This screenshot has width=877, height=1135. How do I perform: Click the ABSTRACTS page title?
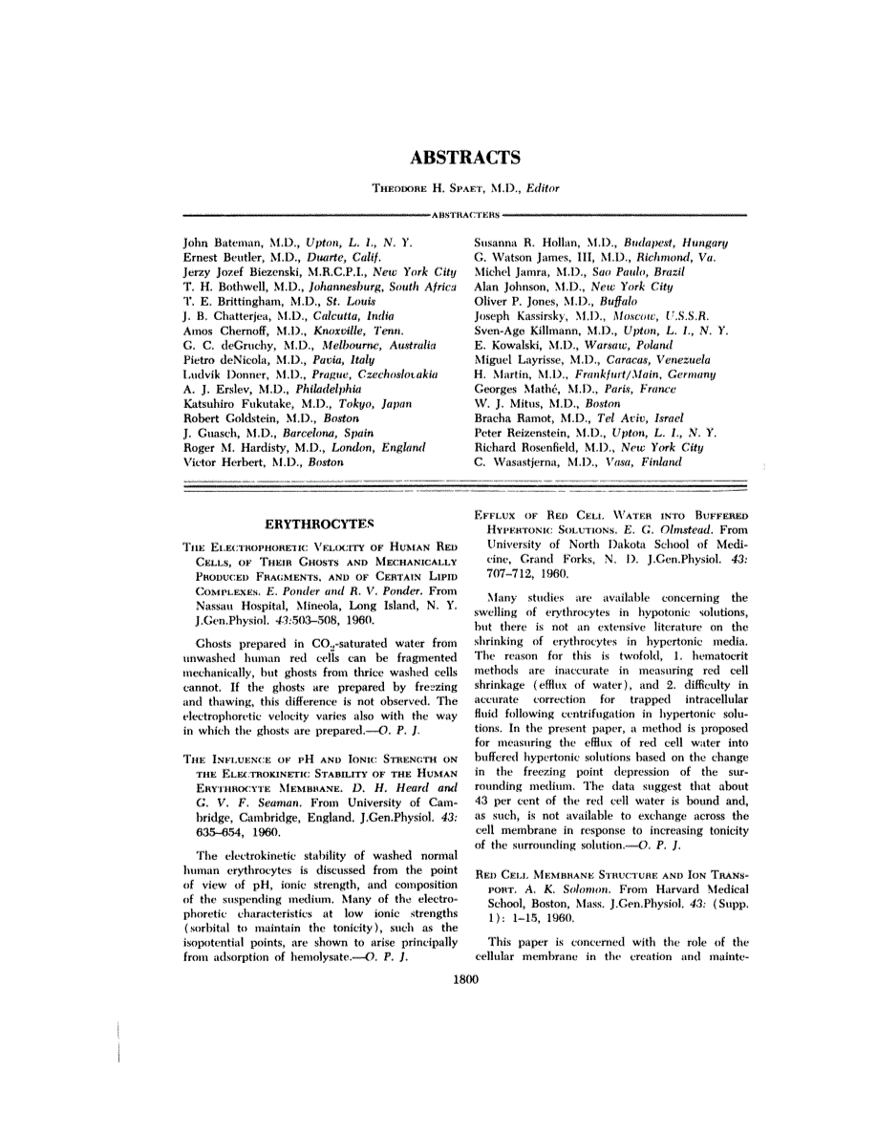pos(465,159)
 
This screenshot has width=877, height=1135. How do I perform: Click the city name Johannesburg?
pos(345,287)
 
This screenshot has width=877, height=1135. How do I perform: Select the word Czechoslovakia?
pos(391,375)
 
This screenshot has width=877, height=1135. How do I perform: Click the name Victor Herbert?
pos(222,461)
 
